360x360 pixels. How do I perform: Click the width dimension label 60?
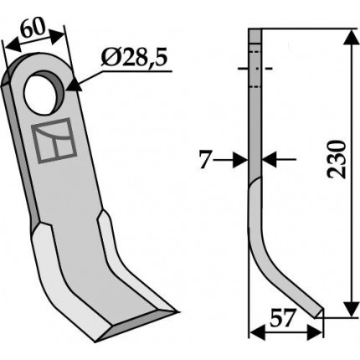pos(33,28)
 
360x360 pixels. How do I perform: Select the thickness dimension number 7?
pos(204,160)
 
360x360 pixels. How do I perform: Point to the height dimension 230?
pos(337,159)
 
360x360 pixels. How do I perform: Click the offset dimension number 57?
pos(282,318)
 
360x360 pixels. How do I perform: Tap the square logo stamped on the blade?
pos(54,141)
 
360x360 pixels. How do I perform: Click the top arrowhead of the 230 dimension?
pos(351,38)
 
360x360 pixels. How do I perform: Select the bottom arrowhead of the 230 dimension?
pos(351,309)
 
